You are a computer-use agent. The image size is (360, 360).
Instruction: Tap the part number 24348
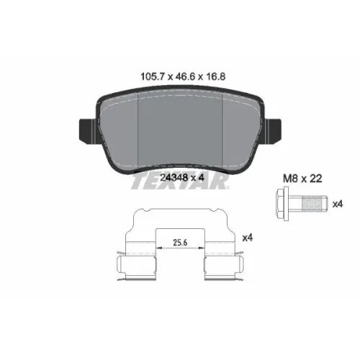(174, 178)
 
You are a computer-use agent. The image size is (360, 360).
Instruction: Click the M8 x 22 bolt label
(302, 179)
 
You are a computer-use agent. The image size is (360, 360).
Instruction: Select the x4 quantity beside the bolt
(338, 204)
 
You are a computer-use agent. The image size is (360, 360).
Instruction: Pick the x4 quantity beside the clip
(248, 238)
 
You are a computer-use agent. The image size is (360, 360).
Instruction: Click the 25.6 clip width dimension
(180, 243)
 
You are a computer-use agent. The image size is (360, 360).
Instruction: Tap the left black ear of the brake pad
(89, 131)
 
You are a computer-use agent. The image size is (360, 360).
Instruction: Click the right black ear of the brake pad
(273, 131)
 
